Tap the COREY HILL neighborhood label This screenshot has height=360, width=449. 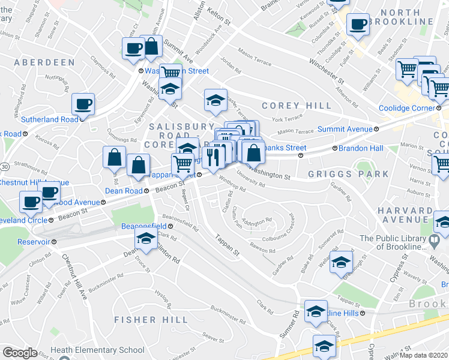point(297,106)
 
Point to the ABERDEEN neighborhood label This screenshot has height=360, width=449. point(40,62)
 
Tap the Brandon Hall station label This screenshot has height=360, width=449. point(360,148)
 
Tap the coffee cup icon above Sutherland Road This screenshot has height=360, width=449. point(83,104)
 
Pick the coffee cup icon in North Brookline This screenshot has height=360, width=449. point(358,25)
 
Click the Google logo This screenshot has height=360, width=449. point(20,353)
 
